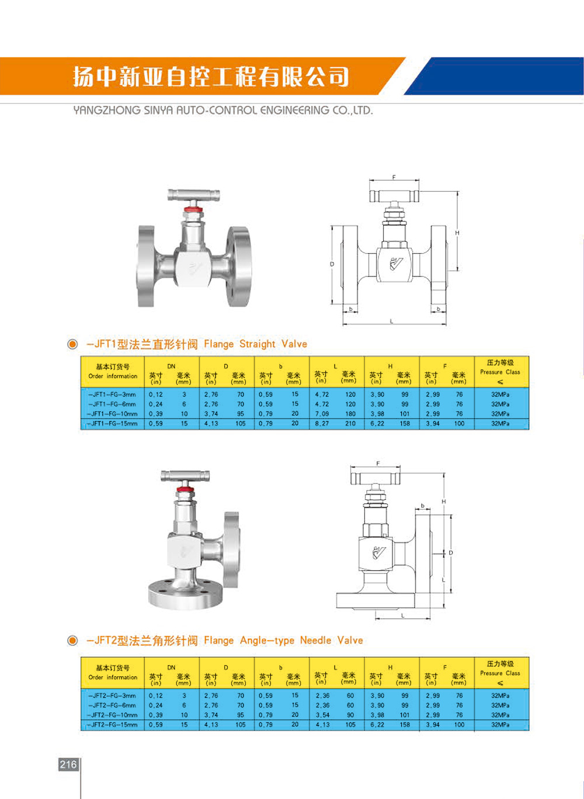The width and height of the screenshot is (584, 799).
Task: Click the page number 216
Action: point(68,765)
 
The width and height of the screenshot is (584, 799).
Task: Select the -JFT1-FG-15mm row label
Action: point(113,424)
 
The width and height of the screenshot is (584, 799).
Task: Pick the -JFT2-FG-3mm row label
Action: point(113,696)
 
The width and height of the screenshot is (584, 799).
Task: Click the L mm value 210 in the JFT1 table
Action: point(350,424)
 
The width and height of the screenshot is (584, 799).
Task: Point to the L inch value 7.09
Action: point(322,414)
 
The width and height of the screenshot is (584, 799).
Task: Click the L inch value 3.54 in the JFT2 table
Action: point(322,715)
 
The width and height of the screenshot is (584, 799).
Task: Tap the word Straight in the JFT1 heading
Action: point(258,344)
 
